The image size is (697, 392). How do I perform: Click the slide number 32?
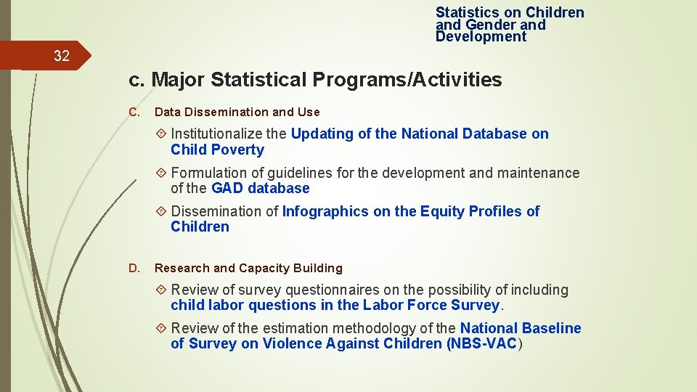pos(61,56)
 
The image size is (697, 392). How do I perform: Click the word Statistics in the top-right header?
pos(467,12)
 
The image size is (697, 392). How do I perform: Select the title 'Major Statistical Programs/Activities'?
pos(327,80)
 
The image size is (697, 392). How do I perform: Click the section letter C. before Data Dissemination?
pos(134,112)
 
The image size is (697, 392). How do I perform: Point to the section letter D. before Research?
pos(134,268)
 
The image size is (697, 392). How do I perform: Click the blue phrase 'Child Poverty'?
pos(217,150)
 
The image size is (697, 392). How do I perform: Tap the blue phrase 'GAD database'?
pos(260,188)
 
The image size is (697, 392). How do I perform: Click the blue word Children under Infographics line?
pos(200,226)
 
